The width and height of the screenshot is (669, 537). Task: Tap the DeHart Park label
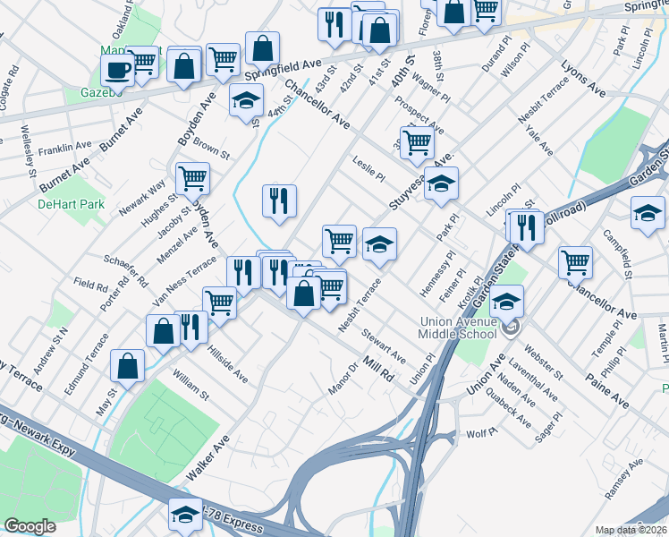[72, 204]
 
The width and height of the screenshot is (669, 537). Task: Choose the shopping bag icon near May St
[128, 365]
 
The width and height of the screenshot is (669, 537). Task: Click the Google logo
[30, 525]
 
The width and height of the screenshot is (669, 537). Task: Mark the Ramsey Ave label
[623, 479]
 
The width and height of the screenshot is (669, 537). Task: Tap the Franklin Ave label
[64, 146]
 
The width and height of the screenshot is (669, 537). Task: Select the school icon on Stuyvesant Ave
[441, 185]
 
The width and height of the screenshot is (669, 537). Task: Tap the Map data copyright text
[631, 530]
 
